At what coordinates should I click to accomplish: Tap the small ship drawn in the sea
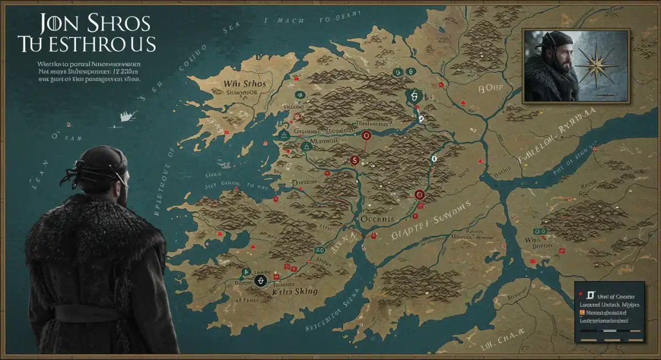coord(127,115)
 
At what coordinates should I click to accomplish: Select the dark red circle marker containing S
coord(355,160)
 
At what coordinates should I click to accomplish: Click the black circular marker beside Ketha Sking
coord(261,281)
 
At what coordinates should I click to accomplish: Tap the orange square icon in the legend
coord(580,312)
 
